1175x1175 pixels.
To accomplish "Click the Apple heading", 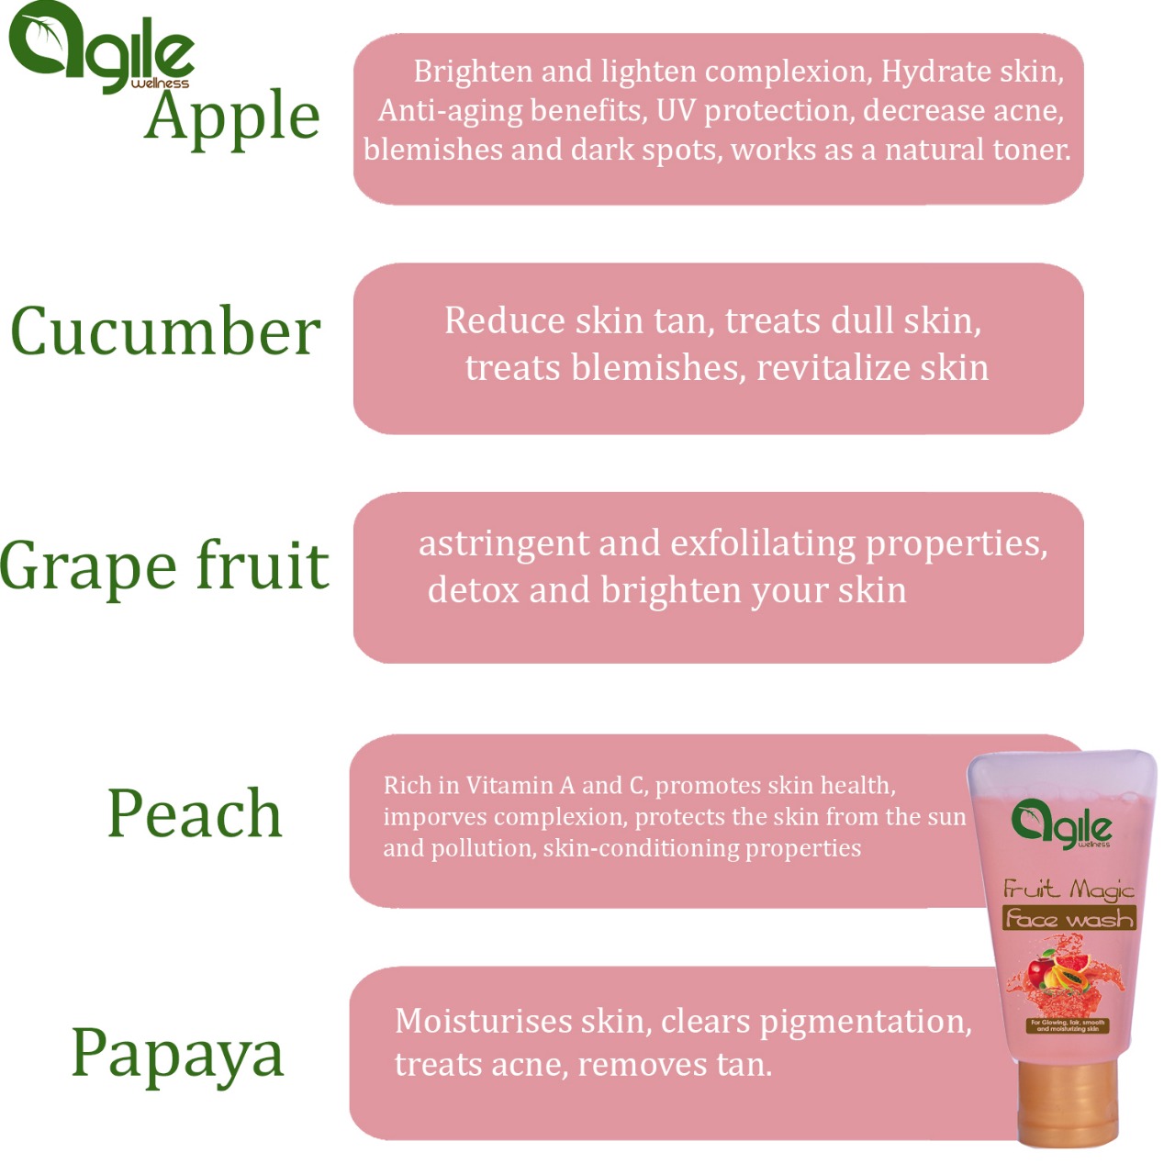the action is tap(231, 119).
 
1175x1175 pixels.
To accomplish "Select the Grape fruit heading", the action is tap(164, 566).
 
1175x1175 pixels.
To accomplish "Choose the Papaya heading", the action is tap(177, 1055).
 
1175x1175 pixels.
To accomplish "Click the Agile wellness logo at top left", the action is tap(101, 48).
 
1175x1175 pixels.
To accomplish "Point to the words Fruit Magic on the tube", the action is tap(1069, 890).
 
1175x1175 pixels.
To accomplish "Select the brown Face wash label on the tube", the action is tap(1069, 918).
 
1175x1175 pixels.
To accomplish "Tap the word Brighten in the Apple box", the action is tap(473, 73).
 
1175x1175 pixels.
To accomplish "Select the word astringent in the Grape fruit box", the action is tap(504, 544).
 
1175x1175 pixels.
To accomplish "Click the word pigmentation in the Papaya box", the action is tap(865, 1024).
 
